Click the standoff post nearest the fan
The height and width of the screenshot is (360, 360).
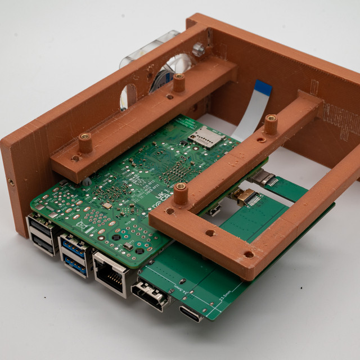click(179, 83)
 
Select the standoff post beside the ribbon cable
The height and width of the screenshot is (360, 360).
click(271, 124)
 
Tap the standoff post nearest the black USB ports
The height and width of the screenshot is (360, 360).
click(85, 143)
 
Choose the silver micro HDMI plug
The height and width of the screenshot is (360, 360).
click(263, 179)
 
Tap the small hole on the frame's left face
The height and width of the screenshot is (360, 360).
click(11, 182)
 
